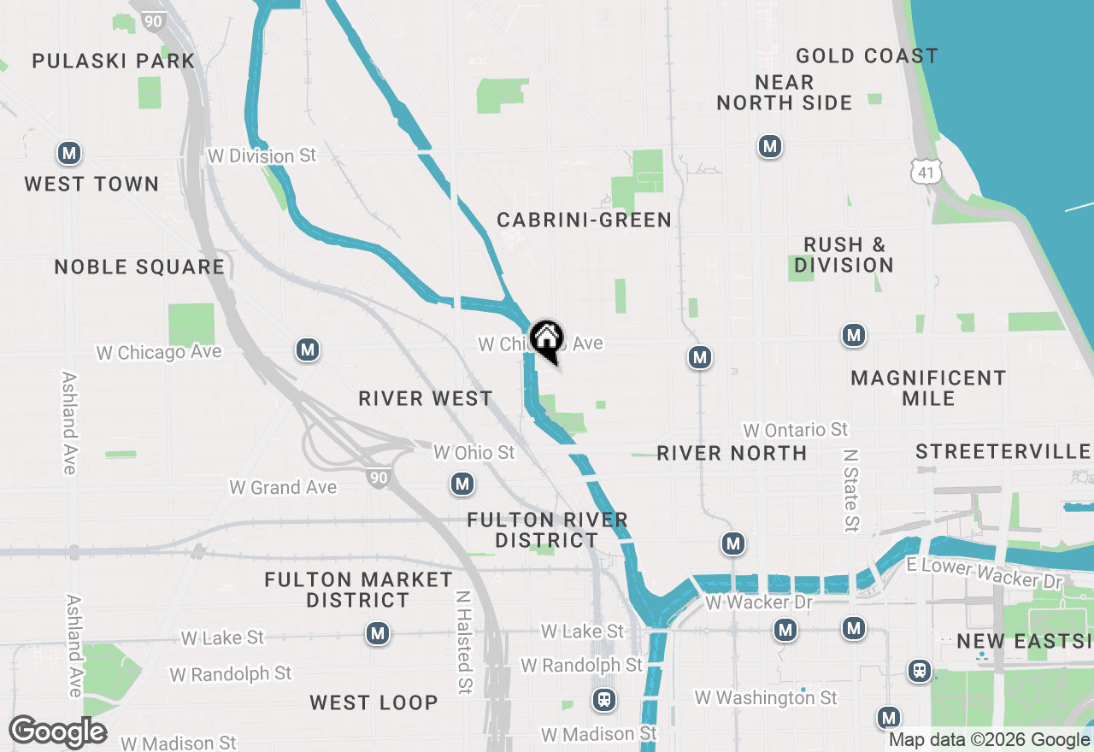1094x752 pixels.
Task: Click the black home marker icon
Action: [x=546, y=340]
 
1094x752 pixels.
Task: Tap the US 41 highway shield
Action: [x=926, y=171]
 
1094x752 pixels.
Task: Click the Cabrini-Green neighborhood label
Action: [x=585, y=220]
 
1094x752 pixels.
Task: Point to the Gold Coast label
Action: [x=867, y=56]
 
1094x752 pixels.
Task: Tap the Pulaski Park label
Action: [x=114, y=61]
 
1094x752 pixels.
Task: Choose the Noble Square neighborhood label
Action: [x=139, y=267]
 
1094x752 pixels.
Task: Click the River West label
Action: [x=426, y=398]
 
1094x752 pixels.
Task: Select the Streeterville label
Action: [x=1003, y=451]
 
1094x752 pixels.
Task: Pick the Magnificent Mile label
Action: [x=928, y=388]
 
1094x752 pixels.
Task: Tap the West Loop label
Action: [x=373, y=702]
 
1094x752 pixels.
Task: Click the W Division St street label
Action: [x=262, y=156]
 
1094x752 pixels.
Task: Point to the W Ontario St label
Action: [x=795, y=429]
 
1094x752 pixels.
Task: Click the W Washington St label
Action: [x=766, y=698]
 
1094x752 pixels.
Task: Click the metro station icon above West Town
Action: [x=69, y=154]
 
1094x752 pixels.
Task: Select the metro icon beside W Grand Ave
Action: [x=462, y=485]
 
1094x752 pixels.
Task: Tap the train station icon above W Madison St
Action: [x=604, y=701]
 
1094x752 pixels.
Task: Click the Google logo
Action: [x=57, y=731]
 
